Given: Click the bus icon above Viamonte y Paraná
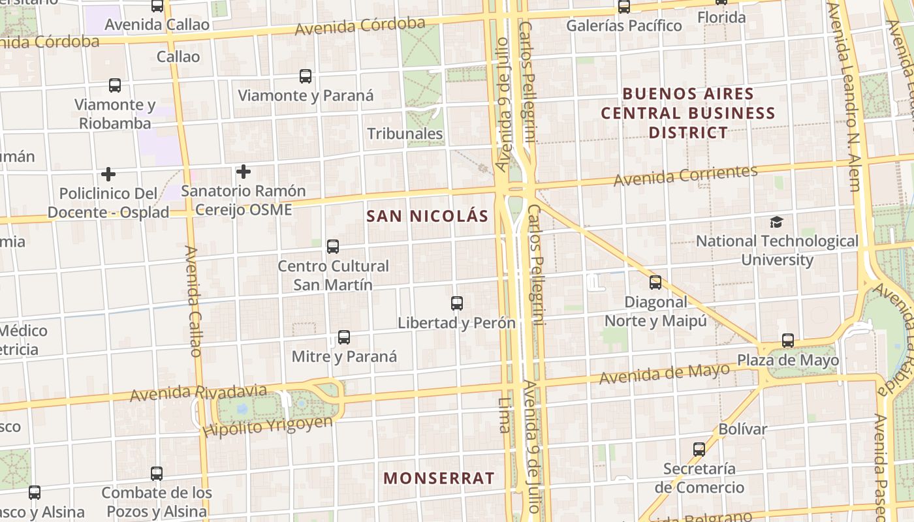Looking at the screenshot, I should coord(306,76).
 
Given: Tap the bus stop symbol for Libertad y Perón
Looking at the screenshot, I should coord(457,303).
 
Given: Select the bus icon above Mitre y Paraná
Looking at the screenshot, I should coord(344,337).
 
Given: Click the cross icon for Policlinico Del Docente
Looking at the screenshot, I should coord(108,174).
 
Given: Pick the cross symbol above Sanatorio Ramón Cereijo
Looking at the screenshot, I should coord(244,172).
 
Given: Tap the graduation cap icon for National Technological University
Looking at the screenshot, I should coord(776,223).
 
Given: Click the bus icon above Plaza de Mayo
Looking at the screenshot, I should coord(788,341).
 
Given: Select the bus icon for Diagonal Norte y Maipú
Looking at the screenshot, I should coord(655,283).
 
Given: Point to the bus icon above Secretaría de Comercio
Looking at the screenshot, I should coord(699,450).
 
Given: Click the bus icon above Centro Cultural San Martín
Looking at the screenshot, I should coord(333,247).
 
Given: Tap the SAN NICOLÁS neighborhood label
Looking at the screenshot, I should coord(428,216).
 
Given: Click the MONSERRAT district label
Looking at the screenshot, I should coord(439,478).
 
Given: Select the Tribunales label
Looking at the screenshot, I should coord(405,134).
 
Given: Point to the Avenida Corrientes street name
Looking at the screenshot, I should coord(685,175).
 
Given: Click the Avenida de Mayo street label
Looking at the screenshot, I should coord(664,374).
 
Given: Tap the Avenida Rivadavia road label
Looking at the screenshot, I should coord(198,393).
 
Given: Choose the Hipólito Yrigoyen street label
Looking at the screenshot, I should coord(267,426).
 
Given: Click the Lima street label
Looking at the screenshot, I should coord(504,415).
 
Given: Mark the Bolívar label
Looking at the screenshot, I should coord(742,429).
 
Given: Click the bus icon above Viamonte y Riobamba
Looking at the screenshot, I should coord(115,85).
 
